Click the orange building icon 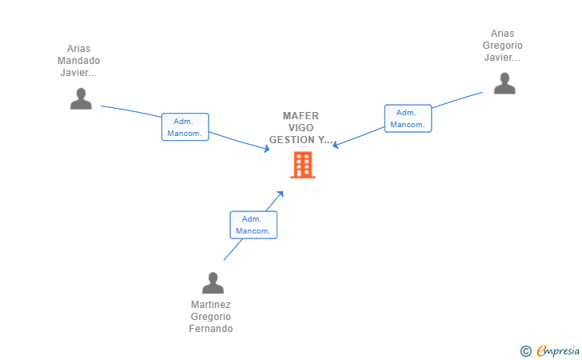303,165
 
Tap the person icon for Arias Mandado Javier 81,98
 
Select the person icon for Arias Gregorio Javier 504,83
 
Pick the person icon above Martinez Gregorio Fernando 213,282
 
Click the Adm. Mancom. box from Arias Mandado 185,127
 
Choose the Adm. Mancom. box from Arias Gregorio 408,118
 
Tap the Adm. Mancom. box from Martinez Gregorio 253,225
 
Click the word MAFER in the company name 301,115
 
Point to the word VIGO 301,128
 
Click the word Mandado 78,61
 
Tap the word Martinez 211,305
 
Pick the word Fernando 211,329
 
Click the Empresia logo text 558,351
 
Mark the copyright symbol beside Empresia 526,351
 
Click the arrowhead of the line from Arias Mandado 267,149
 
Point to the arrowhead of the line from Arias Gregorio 335,145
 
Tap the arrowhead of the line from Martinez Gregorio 281,194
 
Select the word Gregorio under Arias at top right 503,46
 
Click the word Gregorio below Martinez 211,317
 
